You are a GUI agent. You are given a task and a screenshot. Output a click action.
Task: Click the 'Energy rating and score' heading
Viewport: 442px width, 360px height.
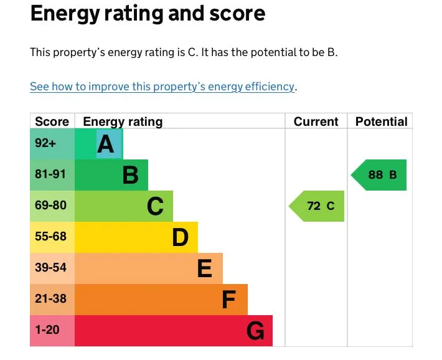pyautogui.click(x=148, y=14)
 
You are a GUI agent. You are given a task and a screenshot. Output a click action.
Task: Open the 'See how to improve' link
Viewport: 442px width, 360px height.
pyautogui.click(x=162, y=87)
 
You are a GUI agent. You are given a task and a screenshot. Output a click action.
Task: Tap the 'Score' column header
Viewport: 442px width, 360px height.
pyautogui.click(x=52, y=121)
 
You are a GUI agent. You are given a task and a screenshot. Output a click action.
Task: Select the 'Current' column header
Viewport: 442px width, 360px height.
pyautogui.click(x=316, y=121)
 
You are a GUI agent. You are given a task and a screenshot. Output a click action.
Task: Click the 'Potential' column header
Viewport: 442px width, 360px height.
pyautogui.click(x=381, y=121)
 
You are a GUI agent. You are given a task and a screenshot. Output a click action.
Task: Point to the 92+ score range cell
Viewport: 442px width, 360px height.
pyautogui.click(x=45, y=143)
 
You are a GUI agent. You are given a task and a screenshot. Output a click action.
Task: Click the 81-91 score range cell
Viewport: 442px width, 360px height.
pyautogui.click(x=50, y=174)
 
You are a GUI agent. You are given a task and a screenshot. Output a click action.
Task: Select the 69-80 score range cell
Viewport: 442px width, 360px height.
pyautogui.click(x=50, y=206)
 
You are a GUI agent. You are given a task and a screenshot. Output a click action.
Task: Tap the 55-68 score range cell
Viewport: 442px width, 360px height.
pyautogui.click(x=50, y=237)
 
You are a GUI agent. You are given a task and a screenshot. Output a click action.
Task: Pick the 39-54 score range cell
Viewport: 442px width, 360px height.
pyautogui.click(x=50, y=268)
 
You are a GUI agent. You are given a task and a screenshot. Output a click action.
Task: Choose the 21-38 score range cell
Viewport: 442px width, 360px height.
pyautogui.click(x=50, y=299)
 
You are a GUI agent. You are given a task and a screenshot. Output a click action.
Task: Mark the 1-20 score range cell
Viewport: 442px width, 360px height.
pyautogui.click(x=47, y=330)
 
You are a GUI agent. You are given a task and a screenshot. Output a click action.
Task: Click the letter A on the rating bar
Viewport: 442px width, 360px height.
pyautogui.click(x=106, y=144)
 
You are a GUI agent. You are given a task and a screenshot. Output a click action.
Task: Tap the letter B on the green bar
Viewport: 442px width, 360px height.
pyautogui.click(x=130, y=175)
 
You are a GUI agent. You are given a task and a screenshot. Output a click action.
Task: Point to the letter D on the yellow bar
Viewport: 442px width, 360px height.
pyautogui.click(x=180, y=237)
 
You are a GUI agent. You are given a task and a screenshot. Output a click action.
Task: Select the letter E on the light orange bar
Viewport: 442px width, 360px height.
pyautogui.click(x=204, y=268)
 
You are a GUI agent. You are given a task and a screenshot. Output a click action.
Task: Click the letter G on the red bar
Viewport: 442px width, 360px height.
pyautogui.click(x=255, y=331)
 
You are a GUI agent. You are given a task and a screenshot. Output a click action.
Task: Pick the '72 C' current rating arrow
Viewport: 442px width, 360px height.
pyautogui.click(x=317, y=206)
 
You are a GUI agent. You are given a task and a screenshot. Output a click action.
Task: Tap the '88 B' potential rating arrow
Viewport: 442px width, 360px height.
pyautogui.click(x=380, y=175)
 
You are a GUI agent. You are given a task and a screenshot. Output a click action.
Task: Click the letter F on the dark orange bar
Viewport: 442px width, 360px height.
pyautogui.click(x=229, y=300)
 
